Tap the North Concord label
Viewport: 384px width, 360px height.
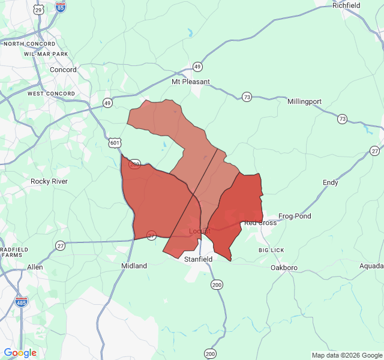pyautogui.click(x=29, y=44)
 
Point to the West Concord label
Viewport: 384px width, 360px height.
pyautogui.click(x=51, y=94)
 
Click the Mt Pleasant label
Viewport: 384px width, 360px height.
pyautogui.click(x=191, y=82)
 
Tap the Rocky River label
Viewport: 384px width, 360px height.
pyautogui.click(x=49, y=181)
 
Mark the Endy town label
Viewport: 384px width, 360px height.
pyautogui.click(x=331, y=182)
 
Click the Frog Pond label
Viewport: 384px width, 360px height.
pyautogui.click(x=295, y=216)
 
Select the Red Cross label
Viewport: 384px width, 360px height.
pyautogui.click(x=260, y=223)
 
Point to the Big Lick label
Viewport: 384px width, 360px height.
pyautogui.click(x=271, y=250)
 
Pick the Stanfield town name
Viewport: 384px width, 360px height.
pyautogui.click(x=198, y=259)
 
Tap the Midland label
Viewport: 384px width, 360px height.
pyautogui.click(x=134, y=266)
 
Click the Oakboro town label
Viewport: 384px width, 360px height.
pyautogui.click(x=284, y=268)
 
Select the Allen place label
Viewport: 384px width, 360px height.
pyautogui.click(x=35, y=267)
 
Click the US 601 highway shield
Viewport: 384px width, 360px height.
pyautogui.click(x=115, y=143)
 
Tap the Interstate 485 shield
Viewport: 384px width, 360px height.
pyautogui.click(x=22, y=302)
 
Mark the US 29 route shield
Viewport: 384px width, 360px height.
pyautogui.click(x=39, y=10)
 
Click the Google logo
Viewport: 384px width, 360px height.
pyautogui.click(x=20, y=353)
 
